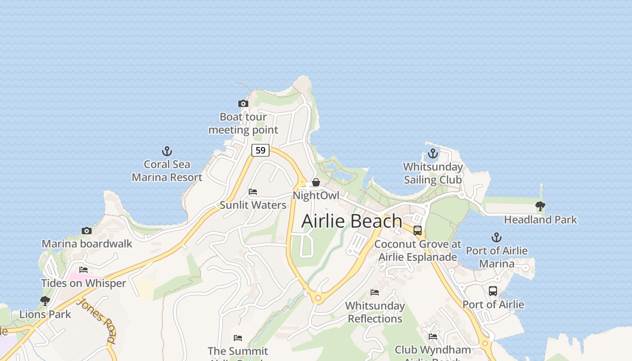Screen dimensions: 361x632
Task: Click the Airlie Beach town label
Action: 352,221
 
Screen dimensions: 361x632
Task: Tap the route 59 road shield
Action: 260,150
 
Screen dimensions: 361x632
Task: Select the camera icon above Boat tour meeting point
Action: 243,104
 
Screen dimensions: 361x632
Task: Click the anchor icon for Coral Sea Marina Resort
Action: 167,151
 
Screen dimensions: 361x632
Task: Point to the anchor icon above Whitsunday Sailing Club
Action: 433,154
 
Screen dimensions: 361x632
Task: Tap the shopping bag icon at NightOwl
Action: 316,182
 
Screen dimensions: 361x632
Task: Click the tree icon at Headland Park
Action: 540,206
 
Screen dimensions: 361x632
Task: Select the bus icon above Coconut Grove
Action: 418,231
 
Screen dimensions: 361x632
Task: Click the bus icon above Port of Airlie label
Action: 493,291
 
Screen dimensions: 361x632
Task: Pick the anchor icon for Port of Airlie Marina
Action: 497,237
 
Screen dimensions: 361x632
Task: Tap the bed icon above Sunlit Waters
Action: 253,192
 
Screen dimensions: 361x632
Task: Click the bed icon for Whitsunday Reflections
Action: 375,292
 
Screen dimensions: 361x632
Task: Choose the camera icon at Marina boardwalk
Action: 87,231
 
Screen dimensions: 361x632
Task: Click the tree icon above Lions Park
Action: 45,301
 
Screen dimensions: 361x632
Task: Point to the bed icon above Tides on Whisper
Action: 84,270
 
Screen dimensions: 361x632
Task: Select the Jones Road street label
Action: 96,320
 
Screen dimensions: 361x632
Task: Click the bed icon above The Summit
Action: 238,338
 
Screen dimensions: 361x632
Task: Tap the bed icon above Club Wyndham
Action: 433,336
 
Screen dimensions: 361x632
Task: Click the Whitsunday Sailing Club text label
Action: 433,173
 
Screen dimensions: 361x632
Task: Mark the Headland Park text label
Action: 540,220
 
